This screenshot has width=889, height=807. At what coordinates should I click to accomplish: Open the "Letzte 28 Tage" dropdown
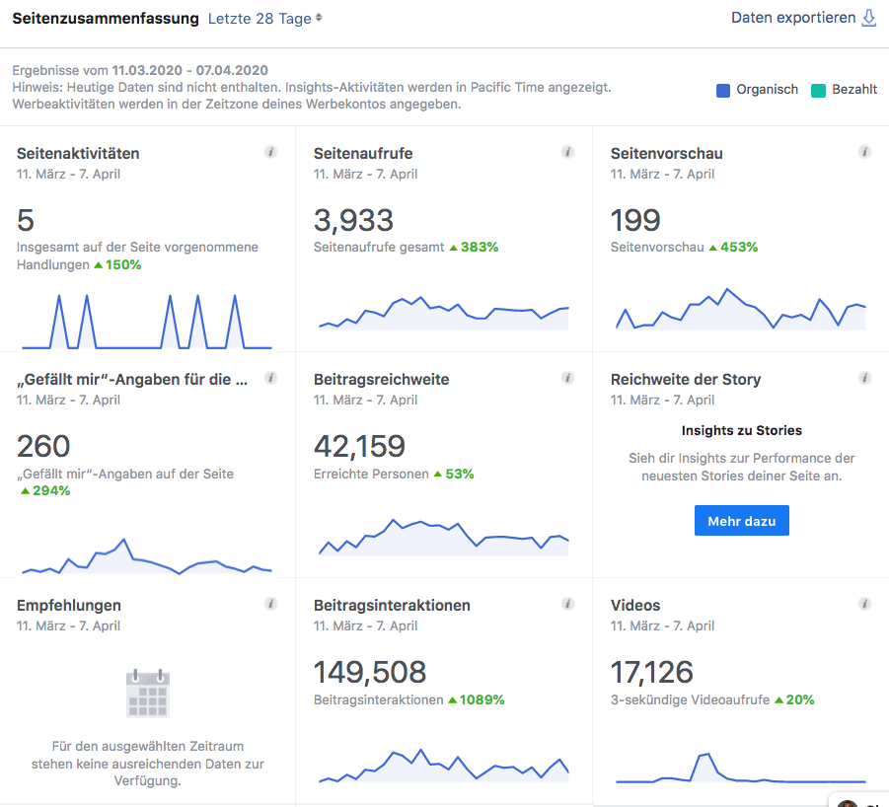click(264, 19)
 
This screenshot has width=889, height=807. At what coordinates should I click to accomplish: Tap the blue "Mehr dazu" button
click(742, 520)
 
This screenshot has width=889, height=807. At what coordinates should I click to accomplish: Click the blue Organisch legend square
click(723, 90)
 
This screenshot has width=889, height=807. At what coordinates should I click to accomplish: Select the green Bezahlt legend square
click(818, 90)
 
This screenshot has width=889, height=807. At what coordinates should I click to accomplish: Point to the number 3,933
click(353, 220)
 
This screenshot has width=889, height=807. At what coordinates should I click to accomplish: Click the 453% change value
click(739, 247)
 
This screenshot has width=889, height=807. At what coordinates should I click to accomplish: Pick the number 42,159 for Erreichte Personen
click(359, 447)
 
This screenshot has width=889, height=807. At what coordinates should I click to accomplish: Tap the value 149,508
click(370, 673)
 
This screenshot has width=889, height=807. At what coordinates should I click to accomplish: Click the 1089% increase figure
click(482, 699)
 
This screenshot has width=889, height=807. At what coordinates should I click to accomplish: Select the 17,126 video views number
click(651, 673)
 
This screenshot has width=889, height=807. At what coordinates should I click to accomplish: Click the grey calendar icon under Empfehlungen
click(148, 694)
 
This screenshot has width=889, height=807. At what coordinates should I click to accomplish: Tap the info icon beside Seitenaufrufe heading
click(567, 152)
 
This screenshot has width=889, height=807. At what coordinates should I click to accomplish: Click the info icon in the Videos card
click(864, 604)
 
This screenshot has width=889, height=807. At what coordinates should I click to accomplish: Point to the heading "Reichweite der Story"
click(686, 380)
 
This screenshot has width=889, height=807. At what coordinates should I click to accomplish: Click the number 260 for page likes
click(43, 447)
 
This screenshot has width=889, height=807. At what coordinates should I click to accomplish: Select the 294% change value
click(51, 490)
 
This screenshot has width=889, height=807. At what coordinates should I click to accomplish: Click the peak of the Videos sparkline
click(707, 754)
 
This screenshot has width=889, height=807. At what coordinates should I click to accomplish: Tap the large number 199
click(635, 220)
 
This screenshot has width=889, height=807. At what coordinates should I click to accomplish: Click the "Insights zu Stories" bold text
click(742, 431)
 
